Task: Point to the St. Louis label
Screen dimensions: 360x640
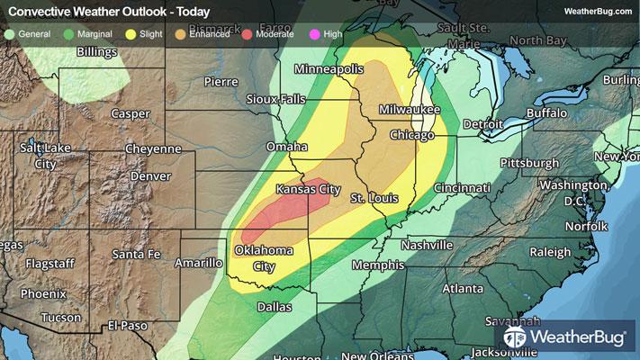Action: pyautogui.click(x=369, y=197)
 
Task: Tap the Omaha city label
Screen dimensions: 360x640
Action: pyautogui.click(x=287, y=147)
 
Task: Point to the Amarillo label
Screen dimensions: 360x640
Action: pyautogui.click(x=197, y=263)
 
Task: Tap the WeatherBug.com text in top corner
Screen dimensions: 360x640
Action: pyautogui.click(x=596, y=11)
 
